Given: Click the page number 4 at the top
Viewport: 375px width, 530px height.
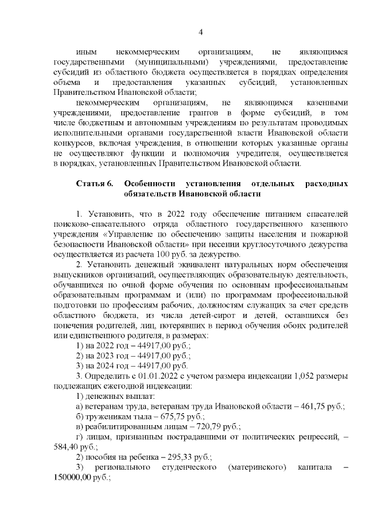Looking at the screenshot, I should tap(200, 32).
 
